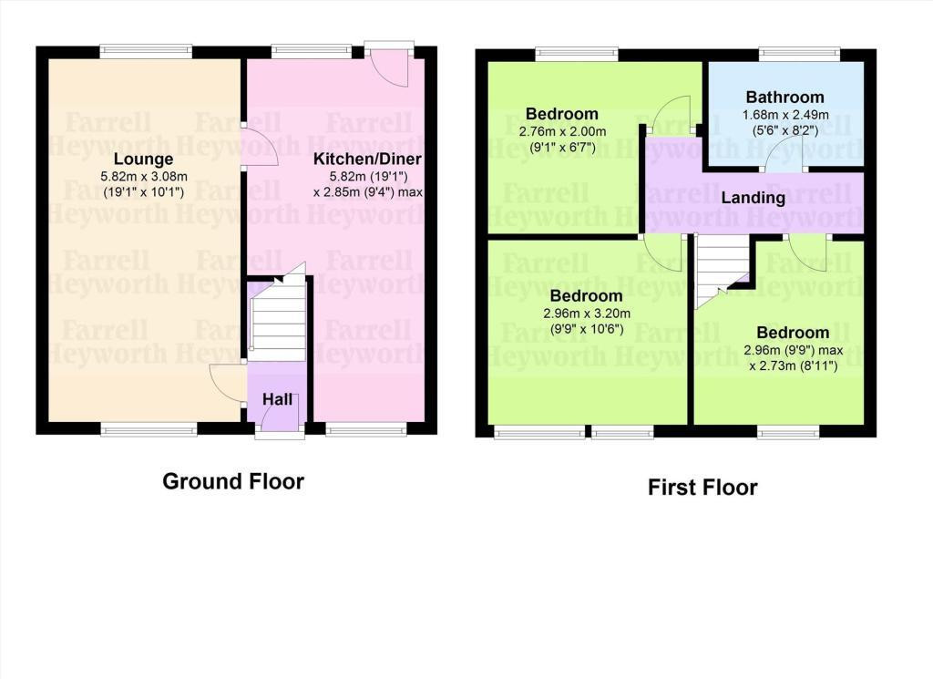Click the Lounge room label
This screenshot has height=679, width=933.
143,159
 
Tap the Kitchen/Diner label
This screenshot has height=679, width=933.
367,159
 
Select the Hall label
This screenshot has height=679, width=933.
277,399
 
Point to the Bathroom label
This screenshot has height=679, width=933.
784,97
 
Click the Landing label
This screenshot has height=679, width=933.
754,198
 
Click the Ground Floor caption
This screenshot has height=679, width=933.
233,481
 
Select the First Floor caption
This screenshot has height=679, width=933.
702,488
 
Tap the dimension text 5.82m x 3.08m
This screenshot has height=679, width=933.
144,177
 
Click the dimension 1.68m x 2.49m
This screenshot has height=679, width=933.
785,115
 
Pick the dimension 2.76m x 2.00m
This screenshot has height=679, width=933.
562,131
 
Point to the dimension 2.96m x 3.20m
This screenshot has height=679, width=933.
587,314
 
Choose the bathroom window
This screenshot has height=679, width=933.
799,54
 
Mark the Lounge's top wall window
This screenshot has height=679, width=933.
146,51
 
